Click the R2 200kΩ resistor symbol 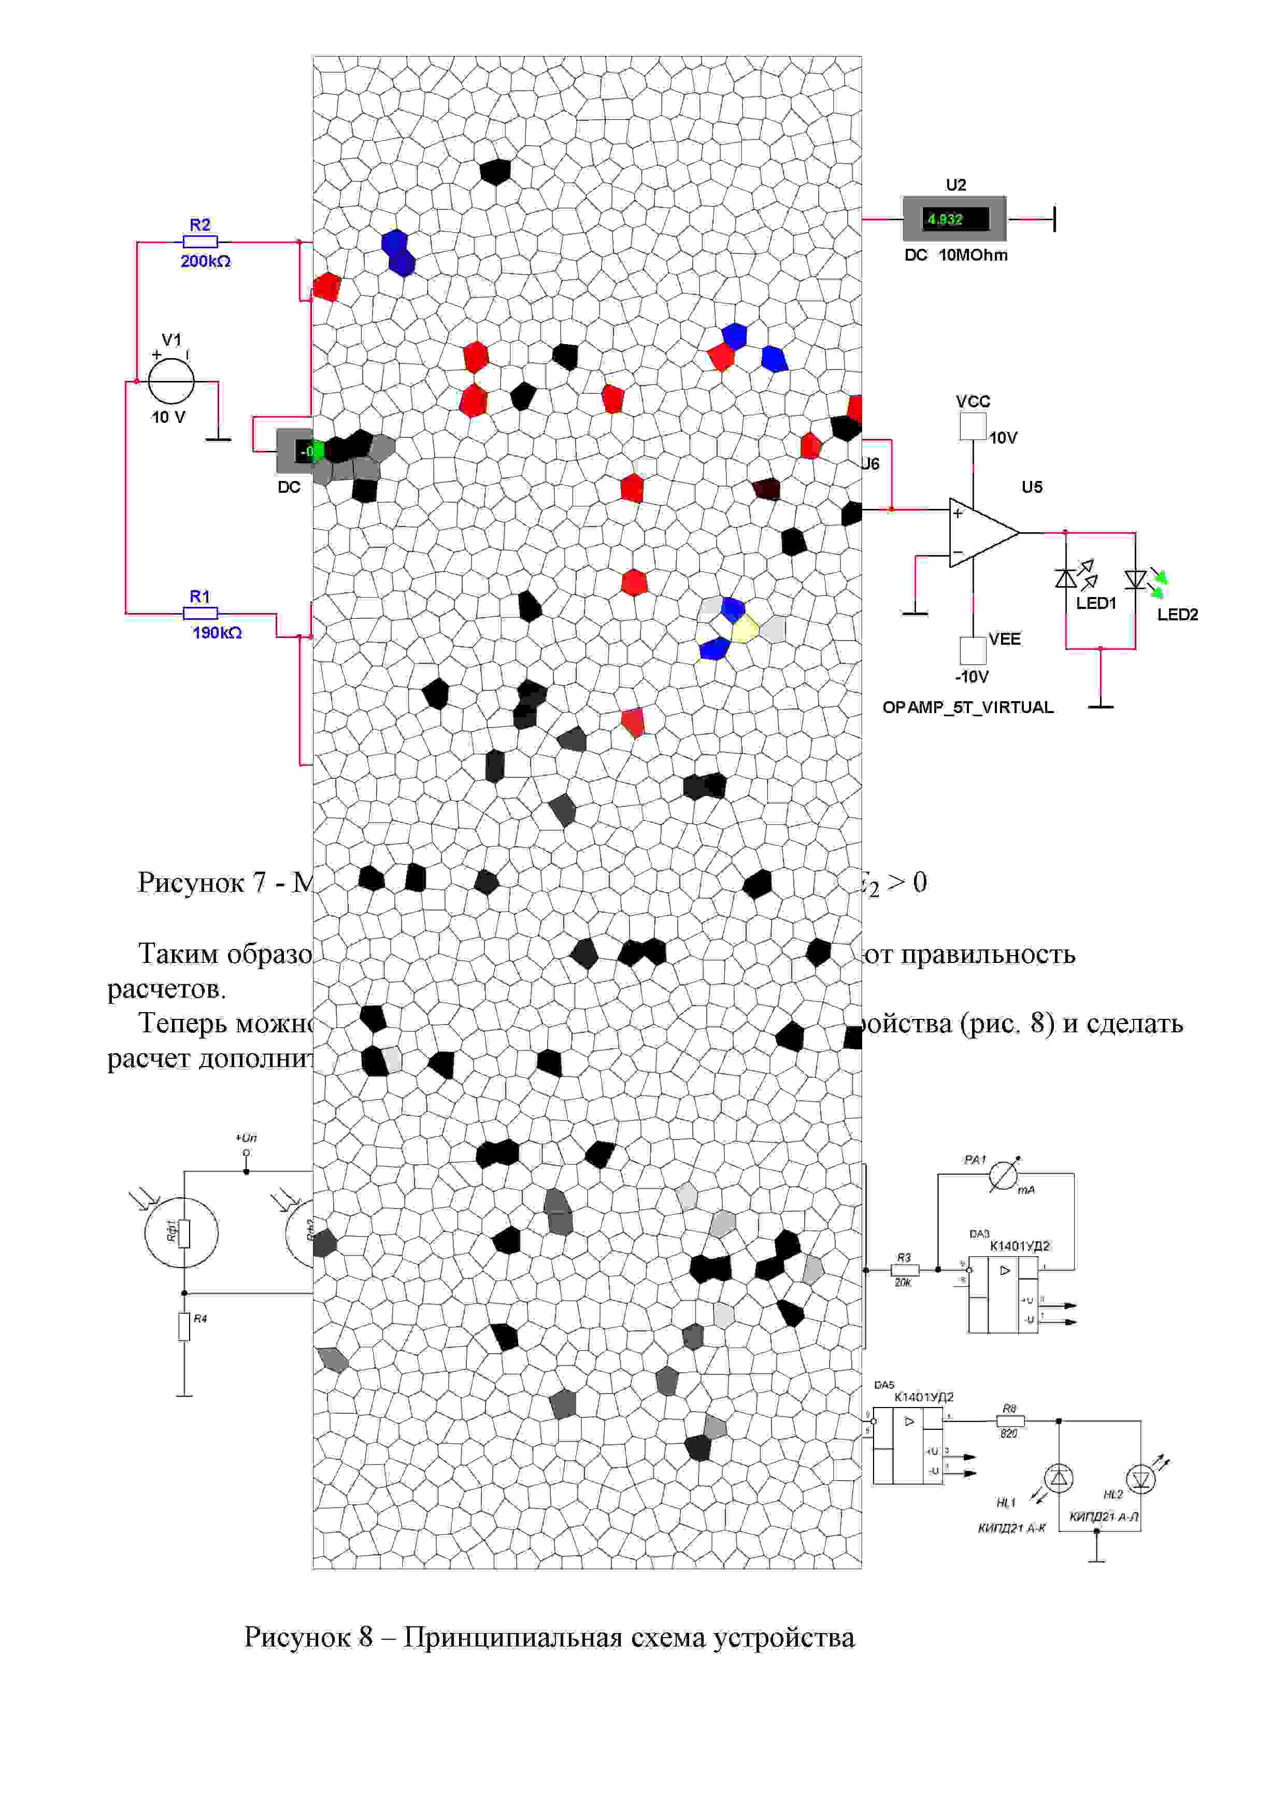click(201, 243)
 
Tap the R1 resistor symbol click(201, 614)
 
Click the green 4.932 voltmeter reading click(945, 219)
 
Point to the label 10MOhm click(973, 255)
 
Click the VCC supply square click(973, 426)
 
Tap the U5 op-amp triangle click(982, 532)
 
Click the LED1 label click(1096, 603)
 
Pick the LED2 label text click(1177, 615)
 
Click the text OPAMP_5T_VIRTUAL click(967, 707)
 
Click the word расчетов click(166, 989)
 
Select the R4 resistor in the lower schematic click(184, 1326)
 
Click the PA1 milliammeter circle click(1003, 1177)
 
